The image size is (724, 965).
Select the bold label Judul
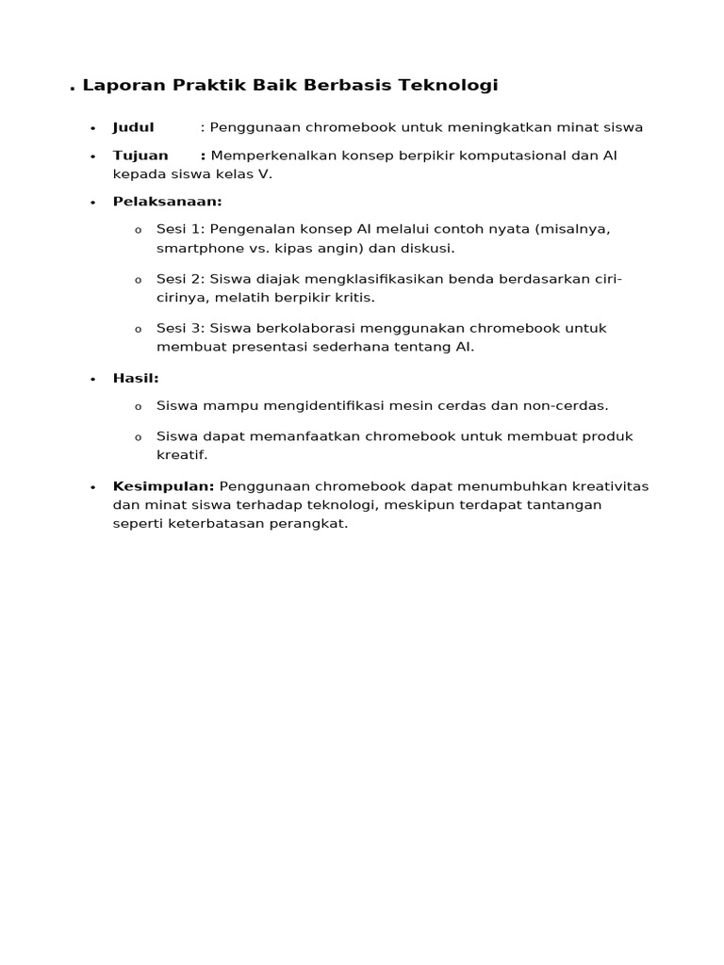coord(133,127)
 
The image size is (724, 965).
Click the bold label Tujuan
coord(140,155)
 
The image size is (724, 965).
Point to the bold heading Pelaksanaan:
coord(167,202)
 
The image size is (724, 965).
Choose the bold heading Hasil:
coord(136,378)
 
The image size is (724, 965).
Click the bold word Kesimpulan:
coord(163,486)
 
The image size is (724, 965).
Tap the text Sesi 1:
coord(181,229)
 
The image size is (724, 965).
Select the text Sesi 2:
coord(181,279)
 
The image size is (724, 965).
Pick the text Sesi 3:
coord(181,328)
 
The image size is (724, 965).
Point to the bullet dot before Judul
coord(92,129)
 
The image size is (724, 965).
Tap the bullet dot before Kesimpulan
coord(92,488)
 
